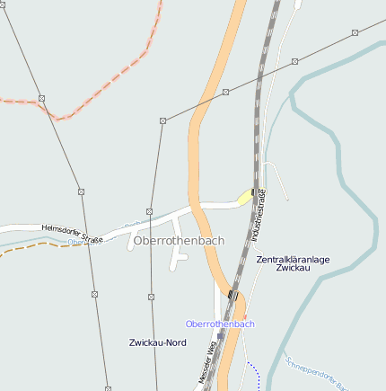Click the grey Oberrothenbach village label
pyautogui.click(x=179, y=241)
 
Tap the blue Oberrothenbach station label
pyautogui.click(x=220, y=324)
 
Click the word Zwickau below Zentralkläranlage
pyautogui.click(x=293, y=268)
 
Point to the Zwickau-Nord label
pyautogui.click(x=158, y=342)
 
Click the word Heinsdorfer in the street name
pyautogui.click(x=61, y=229)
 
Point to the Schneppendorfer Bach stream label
pyautogui.click(x=315, y=373)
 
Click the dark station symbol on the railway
pyautogui.click(x=233, y=295)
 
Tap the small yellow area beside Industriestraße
pyautogui.click(x=245, y=195)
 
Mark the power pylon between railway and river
pyautogui.click(x=294, y=61)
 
